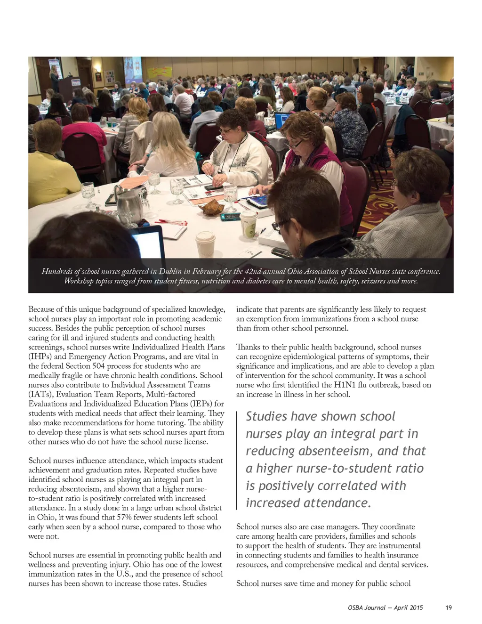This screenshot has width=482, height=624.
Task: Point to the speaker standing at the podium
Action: click(55, 78)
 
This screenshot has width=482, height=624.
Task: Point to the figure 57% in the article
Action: click(125, 517)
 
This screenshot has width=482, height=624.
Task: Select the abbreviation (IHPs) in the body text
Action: click(40, 357)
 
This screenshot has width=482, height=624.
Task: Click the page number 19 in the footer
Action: click(449, 608)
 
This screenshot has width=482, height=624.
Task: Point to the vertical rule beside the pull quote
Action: click(237, 460)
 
